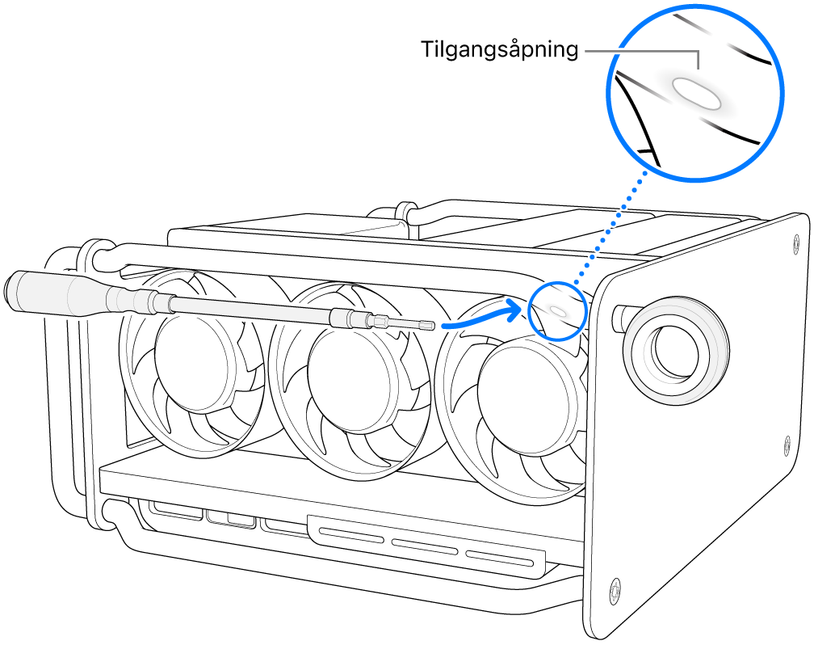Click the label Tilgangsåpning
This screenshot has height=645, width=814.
pyautogui.click(x=500, y=50)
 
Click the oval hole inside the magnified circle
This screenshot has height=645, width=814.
pyautogui.click(x=698, y=92)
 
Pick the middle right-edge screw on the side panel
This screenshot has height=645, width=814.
pyautogui.click(x=787, y=443)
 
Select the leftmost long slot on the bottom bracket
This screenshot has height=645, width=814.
pyautogui.click(x=353, y=534)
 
